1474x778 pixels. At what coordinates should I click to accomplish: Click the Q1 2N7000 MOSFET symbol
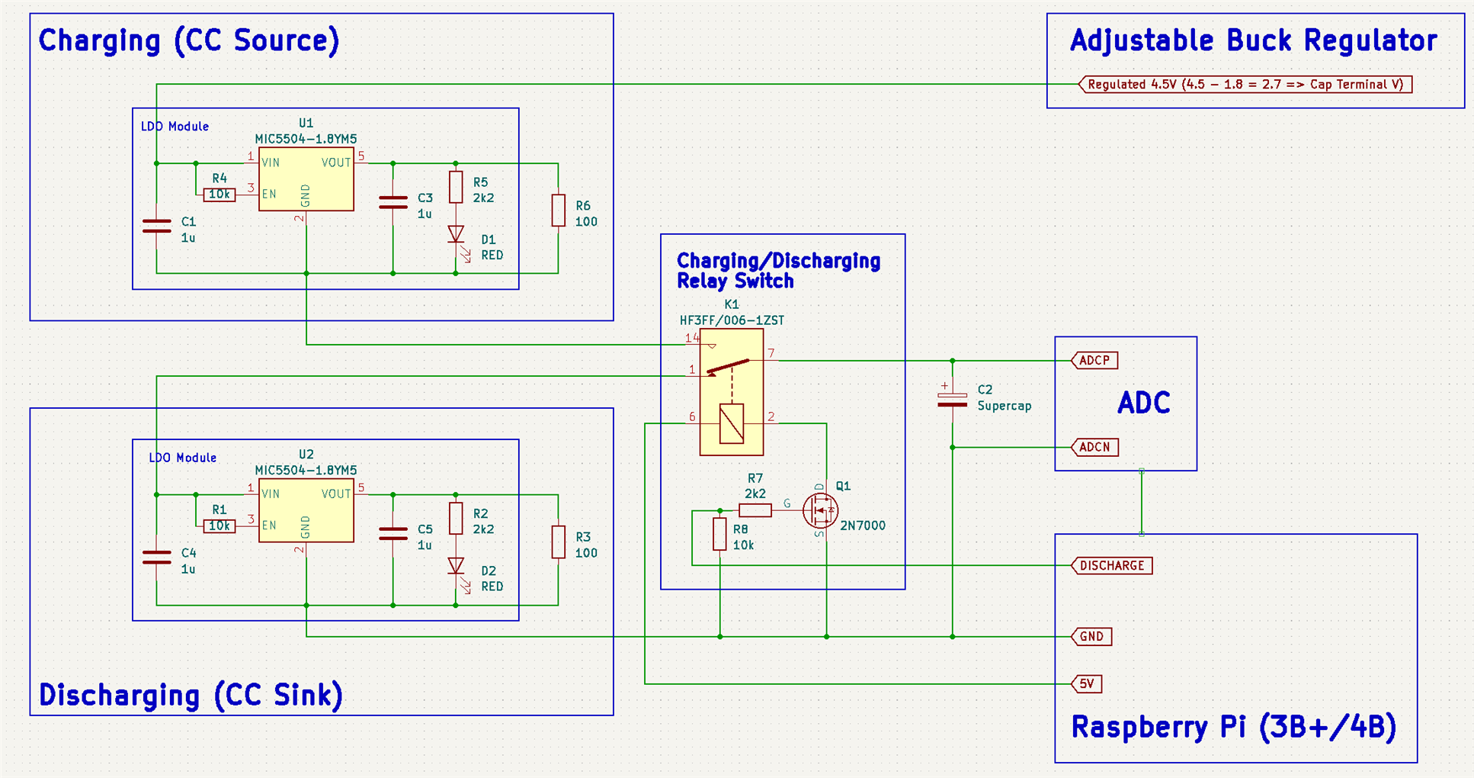click(x=821, y=510)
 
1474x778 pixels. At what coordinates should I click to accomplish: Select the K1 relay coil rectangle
click(x=732, y=423)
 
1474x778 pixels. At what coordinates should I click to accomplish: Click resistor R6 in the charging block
click(x=559, y=211)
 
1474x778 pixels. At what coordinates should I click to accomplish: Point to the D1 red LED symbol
click(x=456, y=234)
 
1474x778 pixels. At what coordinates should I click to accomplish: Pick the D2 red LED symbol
click(x=456, y=566)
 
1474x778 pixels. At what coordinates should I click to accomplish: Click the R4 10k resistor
click(x=219, y=194)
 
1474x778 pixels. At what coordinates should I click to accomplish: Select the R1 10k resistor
click(x=219, y=526)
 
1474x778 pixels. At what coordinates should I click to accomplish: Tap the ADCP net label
click(x=1094, y=360)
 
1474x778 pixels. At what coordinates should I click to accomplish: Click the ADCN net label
click(x=1094, y=447)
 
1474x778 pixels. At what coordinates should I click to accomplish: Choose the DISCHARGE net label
click(x=1112, y=565)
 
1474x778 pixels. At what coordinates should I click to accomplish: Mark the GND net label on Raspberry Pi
click(x=1091, y=636)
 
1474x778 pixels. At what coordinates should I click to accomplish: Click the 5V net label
click(x=1087, y=683)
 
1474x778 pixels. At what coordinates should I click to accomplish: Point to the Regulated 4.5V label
click(x=1245, y=84)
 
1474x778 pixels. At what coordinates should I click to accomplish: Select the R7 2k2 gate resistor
click(x=755, y=510)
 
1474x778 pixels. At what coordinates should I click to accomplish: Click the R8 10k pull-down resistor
click(x=719, y=534)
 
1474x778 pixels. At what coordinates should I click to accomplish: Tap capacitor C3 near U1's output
click(x=393, y=202)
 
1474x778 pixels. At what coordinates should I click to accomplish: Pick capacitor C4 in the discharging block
click(x=157, y=558)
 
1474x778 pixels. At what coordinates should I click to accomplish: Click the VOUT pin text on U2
click(x=336, y=493)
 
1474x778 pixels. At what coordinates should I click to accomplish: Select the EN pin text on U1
click(x=269, y=194)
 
